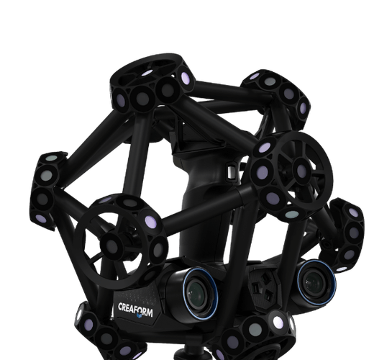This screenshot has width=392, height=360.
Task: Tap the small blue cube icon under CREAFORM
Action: [139, 315]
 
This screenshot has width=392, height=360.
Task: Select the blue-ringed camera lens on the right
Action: [316, 282]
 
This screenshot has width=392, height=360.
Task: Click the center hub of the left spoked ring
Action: [112, 246]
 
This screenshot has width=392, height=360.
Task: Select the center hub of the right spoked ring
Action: [302, 170]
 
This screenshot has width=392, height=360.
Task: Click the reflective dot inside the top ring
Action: [147, 73]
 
